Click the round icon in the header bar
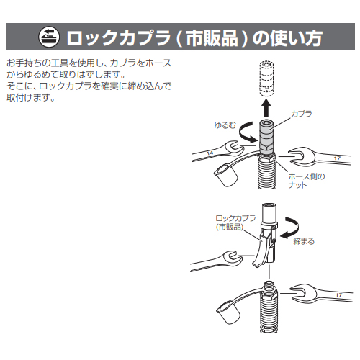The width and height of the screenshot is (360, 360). coord(49,37)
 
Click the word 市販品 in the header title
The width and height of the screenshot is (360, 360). coord(212,37)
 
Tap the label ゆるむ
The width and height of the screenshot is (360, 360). coord(225,125)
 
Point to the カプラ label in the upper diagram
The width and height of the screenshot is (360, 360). coord(302,114)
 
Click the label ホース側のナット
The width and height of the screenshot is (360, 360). coord(307,181)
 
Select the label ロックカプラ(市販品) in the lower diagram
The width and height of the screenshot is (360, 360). coord(235,222)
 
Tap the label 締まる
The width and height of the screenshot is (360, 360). coord(304,241)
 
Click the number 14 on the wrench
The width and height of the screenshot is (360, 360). coord(210,153)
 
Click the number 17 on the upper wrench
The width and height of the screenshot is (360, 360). coord(337,158)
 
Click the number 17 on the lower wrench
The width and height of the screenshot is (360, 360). coord(339,294)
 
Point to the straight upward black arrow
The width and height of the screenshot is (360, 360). coord(266,108)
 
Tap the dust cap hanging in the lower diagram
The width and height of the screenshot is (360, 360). coord(228,313)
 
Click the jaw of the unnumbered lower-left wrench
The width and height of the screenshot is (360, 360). coord(231,258)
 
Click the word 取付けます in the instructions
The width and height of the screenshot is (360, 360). coord(31,97)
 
